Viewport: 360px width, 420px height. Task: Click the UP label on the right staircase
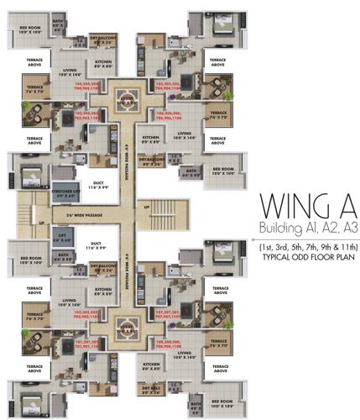pos(148,207)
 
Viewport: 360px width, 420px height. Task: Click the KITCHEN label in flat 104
pos(103,63)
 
